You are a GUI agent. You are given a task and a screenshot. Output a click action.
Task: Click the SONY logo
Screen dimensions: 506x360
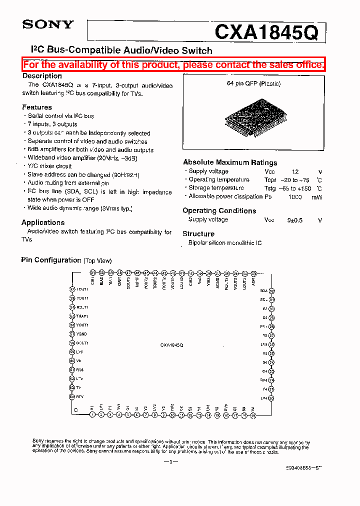coord(48,24)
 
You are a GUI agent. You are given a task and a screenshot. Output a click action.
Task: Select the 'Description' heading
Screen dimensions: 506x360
coord(42,76)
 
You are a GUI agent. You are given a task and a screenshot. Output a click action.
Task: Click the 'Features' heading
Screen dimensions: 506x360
coord(37,107)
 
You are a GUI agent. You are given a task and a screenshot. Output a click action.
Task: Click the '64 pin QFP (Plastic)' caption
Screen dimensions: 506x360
coord(254,83)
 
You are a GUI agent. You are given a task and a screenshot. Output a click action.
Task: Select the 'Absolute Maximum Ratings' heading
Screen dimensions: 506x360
coord(230,162)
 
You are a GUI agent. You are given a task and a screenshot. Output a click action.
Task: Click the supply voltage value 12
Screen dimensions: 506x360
coord(295,171)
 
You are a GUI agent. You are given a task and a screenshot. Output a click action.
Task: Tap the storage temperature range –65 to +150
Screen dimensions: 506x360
coord(295,188)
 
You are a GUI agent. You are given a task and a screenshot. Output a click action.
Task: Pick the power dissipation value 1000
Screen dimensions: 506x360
coord(295,197)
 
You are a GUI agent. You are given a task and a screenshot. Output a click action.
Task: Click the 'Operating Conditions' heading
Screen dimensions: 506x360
coord(219,210)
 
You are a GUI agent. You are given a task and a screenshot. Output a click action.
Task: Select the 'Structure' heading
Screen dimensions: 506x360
coord(198,233)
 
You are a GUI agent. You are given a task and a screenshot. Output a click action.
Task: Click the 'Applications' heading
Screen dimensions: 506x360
coord(43,222)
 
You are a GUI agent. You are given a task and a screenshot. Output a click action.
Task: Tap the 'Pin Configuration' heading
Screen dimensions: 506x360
coord(51,260)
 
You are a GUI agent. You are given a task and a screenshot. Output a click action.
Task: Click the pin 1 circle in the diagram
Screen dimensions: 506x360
coord(92,415)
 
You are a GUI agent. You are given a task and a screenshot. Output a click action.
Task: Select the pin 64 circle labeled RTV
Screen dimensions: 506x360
coord(72,396)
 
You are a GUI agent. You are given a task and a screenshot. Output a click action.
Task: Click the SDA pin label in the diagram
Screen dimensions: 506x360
coord(263,290)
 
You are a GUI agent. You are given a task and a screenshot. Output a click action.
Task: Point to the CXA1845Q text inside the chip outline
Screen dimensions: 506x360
coord(172,345)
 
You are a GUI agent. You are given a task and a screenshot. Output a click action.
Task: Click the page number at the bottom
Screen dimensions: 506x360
coord(170,462)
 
